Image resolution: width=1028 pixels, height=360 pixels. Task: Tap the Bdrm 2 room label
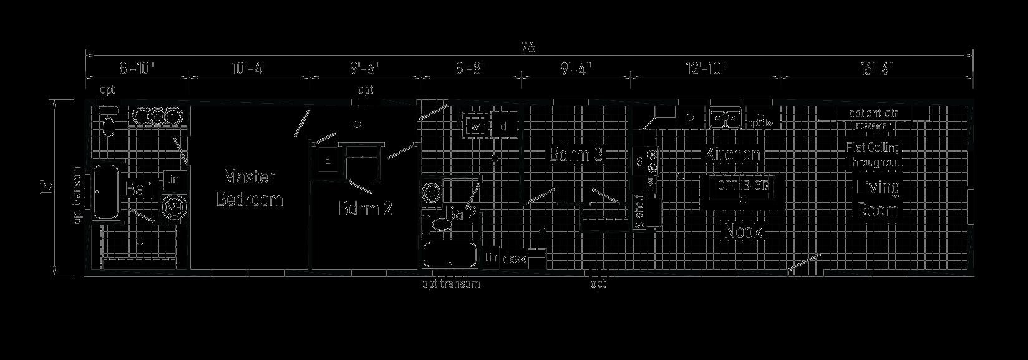pyautogui.click(x=365, y=208)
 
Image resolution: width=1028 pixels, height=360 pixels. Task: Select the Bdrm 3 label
pyautogui.click(x=578, y=154)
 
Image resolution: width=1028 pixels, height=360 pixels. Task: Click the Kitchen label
pyautogui.click(x=733, y=154)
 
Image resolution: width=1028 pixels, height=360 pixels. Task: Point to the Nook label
pyautogui.click(x=744, y=232)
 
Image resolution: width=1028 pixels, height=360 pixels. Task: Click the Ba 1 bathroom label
pyautogui.click(x=140, y=189)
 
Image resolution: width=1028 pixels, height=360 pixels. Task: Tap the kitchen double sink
pyautogui.click(x=724, y=117)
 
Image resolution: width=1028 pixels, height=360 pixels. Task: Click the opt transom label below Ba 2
pyautogui.click(x=451, y=285)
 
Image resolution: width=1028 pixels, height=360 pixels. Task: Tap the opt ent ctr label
pyautogui.click(x=873, y=114)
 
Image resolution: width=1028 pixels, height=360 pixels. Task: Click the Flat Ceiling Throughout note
pyautogui.click(x=873, y=155)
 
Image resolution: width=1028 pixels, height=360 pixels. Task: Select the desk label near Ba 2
pyautogui.click(x=514, y=258)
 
